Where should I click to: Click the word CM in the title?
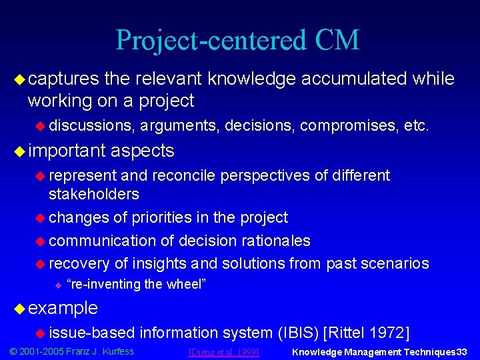(336, 40)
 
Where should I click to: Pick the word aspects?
(142, 151)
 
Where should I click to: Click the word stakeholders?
(94, 194)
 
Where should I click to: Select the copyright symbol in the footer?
(11, 351)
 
